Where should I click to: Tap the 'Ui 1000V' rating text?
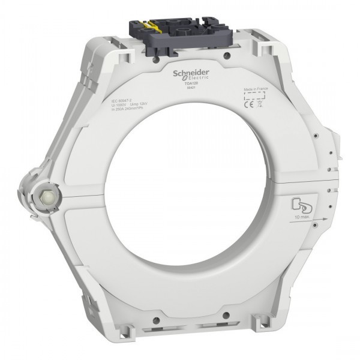tap(120, 107)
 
